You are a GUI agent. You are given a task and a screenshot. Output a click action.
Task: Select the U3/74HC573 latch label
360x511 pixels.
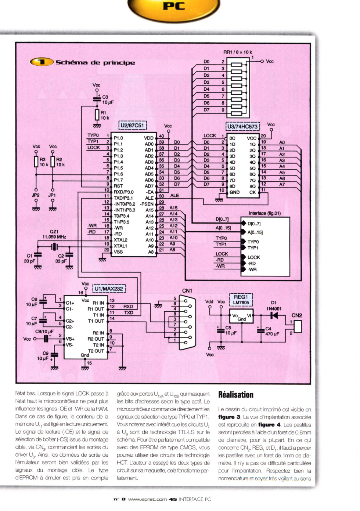coord(243,126)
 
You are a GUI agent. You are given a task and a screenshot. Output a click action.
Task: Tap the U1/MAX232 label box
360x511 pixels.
coord(109,289)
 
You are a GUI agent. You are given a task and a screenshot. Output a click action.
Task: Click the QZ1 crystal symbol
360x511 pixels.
coord(54,247)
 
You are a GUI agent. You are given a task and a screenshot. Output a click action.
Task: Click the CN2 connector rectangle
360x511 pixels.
coord(298,326)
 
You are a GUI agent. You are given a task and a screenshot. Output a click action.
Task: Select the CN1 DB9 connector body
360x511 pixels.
coord(187,322)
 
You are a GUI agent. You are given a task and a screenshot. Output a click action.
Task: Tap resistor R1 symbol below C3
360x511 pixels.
coord(97,115)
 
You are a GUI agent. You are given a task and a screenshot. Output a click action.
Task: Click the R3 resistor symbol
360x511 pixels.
coord(36,162)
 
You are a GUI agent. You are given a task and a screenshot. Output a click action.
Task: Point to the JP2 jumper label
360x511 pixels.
coord(36,195)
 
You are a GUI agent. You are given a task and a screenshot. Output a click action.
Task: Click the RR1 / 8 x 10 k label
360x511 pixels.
coord(238,52)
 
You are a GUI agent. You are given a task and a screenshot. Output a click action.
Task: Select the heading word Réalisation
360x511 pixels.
coord(236,395)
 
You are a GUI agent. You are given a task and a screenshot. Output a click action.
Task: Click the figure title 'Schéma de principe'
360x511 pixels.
coord(95,62)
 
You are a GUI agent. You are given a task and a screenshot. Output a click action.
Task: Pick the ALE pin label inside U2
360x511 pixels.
coord(149,198)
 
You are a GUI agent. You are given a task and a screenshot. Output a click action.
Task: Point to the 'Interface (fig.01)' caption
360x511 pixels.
coord(265,213)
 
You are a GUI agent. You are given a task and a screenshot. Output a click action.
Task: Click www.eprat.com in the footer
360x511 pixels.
coord(148,499)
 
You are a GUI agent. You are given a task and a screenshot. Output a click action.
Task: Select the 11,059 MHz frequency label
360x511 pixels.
coord(54,237)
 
